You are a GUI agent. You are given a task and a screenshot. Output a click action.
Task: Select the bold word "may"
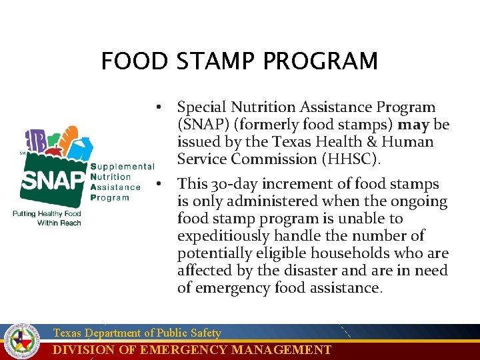click(x=413, y=125)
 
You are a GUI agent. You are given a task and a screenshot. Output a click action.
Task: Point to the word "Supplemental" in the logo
click(x=123, y=167)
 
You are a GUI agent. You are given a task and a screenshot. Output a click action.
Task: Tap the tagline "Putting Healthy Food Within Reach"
click(x=47, y=218)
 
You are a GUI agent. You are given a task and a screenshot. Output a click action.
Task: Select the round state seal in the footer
click(x=23, y=341)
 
